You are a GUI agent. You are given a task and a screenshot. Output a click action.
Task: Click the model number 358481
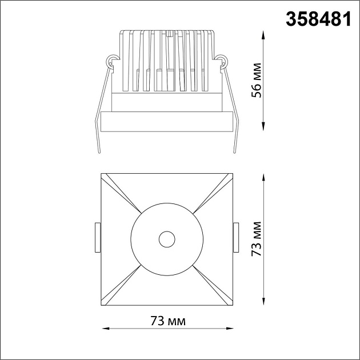[x=318, y=19]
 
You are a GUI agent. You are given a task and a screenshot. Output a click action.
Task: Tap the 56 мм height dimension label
[x=257, y=80]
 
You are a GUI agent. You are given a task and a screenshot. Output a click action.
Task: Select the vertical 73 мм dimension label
[x=257, y=239]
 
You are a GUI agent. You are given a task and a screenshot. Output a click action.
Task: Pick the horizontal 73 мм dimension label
[x=168, y=321]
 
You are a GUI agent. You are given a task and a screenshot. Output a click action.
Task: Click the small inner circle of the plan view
[x=167, y=239]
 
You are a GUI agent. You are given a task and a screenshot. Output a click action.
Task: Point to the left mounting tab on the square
[x=98, y=237]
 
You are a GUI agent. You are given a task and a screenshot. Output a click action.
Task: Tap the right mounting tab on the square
[x=236, y=237]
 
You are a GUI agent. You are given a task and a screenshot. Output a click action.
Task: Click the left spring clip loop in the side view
[x=111, y=61]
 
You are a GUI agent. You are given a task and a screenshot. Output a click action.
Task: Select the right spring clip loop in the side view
[x=222, y=61]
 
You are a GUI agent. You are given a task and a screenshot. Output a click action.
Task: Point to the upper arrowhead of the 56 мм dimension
[x=263, y=35]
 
